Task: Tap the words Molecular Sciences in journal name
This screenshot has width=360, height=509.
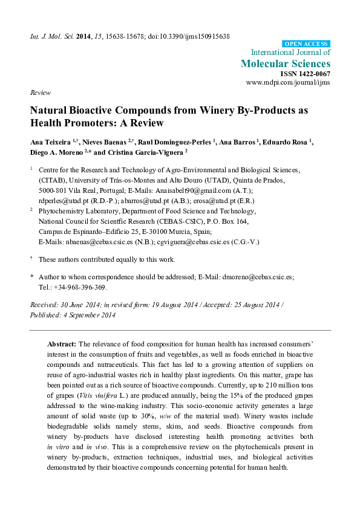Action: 286,63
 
